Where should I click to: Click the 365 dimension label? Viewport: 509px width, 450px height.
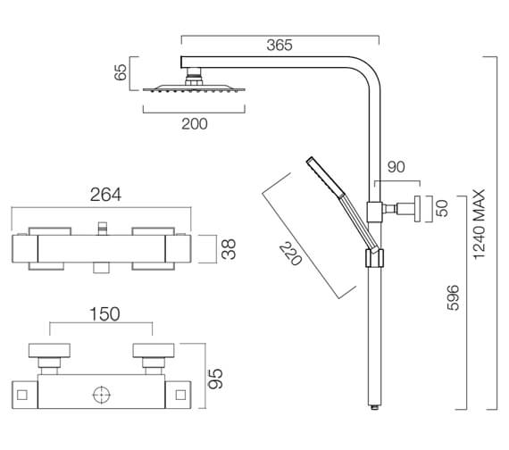point(280,46)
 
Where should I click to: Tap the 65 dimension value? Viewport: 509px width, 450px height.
point(121,72)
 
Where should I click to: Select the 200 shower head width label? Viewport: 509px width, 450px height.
point(194,124)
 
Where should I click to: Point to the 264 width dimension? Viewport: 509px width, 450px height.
point(105,195)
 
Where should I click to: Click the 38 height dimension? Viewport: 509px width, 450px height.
point(229,249)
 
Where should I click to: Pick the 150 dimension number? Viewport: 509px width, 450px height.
point(104,314)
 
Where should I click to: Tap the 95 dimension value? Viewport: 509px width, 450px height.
point(215,379)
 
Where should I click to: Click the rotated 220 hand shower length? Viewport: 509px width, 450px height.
point(290,254)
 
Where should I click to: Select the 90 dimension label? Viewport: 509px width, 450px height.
point(396,167)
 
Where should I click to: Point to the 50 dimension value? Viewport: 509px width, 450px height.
point(442,208)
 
